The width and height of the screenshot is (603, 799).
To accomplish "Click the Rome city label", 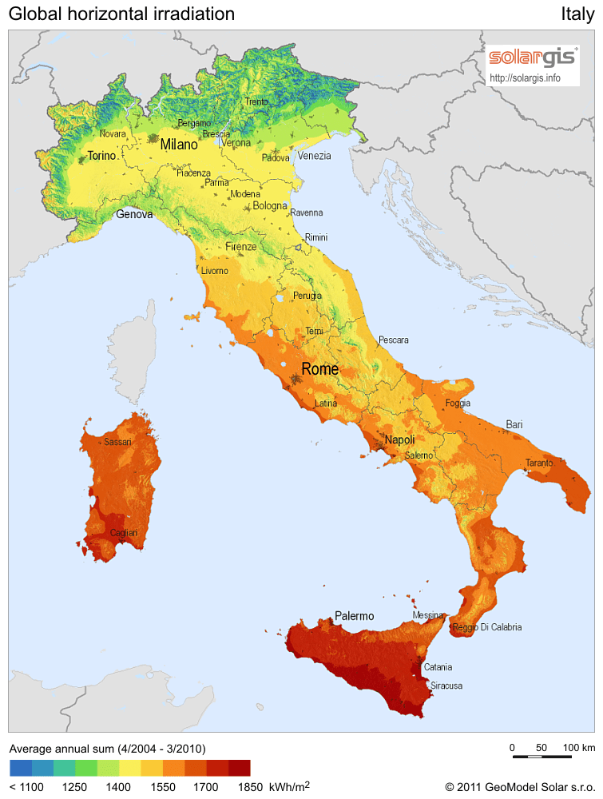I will (319, 369).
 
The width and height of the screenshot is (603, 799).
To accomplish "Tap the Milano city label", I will (178, 145).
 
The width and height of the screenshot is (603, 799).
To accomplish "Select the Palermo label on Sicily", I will (355, 616).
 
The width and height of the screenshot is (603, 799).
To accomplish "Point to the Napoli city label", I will (399, 440).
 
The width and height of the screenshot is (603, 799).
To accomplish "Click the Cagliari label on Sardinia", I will (124, 533).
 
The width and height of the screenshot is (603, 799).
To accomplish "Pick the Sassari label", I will (117, 442).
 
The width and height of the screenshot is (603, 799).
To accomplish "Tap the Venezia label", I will (314, 156).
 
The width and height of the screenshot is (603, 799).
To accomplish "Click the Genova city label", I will (134, 214).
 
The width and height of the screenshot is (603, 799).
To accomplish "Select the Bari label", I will (514, 424).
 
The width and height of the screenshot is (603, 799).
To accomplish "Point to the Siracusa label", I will (446, 686).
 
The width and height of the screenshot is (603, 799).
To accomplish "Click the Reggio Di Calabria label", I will (487, 627).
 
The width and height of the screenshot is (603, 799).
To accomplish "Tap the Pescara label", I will (393, 340).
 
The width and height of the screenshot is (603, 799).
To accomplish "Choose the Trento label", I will (256, 101).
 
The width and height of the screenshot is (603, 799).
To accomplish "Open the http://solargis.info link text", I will (524, 78).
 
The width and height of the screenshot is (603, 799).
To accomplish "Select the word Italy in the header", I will (577, 14).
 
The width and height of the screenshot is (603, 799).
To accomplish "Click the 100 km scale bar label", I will (579, 747).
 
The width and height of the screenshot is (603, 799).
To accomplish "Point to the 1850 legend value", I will (249, 787).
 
